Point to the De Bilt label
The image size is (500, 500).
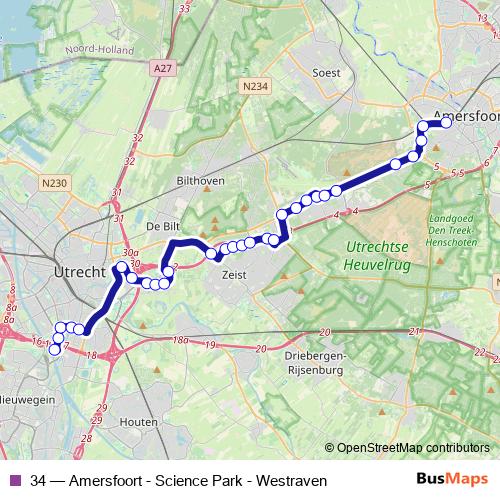point(161,225)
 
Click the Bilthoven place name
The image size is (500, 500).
point(200,180)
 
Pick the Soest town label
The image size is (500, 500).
point(327,73)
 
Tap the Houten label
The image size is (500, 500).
point(138,423)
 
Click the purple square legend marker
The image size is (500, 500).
point(15,481)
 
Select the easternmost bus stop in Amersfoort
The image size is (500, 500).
point(445,123)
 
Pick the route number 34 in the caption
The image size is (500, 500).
point(38,481)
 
